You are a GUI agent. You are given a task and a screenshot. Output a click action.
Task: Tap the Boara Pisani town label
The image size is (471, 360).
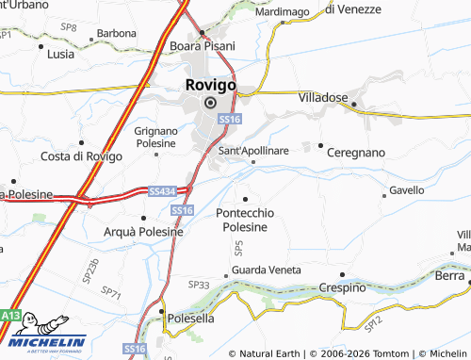coord(202,45)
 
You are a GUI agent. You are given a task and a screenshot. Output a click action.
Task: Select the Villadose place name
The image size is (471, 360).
coord(323,97)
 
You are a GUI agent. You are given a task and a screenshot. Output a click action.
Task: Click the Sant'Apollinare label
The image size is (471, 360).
coord(253,150)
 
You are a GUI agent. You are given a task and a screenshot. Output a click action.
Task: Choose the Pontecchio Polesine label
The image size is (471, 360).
coord(245,220)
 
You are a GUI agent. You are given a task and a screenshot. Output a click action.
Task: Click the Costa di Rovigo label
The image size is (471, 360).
coord(81,155)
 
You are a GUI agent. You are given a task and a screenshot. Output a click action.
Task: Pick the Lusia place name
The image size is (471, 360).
coord(60,54)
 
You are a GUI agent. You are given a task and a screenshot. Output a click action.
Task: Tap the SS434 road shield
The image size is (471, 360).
coord(162,191)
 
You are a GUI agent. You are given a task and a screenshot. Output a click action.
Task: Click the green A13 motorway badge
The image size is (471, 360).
coord(10,314)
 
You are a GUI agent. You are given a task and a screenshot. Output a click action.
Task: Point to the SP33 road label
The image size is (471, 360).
coord(198,284)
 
